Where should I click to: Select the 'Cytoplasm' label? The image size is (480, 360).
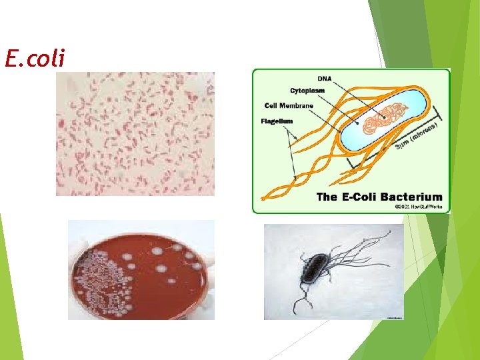click(307, 90)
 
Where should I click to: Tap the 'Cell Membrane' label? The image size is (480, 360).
click(289, 105)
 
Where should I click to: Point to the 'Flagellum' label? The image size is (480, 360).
click(276, 121)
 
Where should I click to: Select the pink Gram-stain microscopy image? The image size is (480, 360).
click(135, 133)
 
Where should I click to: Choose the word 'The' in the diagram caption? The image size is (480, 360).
click(327, 197)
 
